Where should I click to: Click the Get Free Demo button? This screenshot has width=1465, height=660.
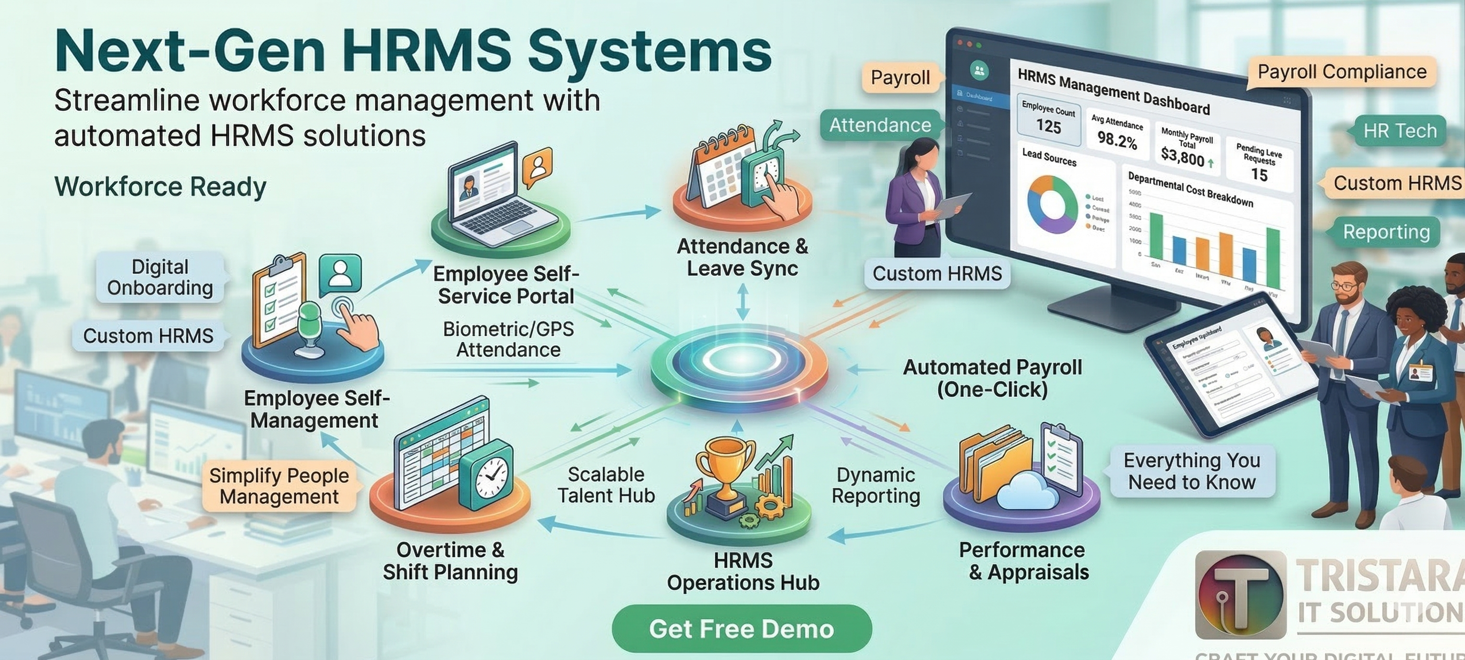click(x=741, y=629)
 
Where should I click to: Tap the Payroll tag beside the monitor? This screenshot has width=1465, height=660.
click(x=901, y=77)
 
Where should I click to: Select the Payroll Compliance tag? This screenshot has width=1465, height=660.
click(x=1342, y=72)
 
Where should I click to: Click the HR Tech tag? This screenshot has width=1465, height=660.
click(x=1400, y=131)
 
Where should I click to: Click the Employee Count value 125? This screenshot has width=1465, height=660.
click(x=1048, y=126)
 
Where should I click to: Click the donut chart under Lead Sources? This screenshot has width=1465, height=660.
click(x=1052, y=205)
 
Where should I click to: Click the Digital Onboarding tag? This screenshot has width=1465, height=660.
click(x=160, y=277)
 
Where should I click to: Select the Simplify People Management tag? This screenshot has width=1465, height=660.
click(x=279, y=486)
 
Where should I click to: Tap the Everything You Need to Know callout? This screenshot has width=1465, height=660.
click(x=1191, y=471)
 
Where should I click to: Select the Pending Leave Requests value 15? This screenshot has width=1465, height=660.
click(x=1259, y=175)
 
